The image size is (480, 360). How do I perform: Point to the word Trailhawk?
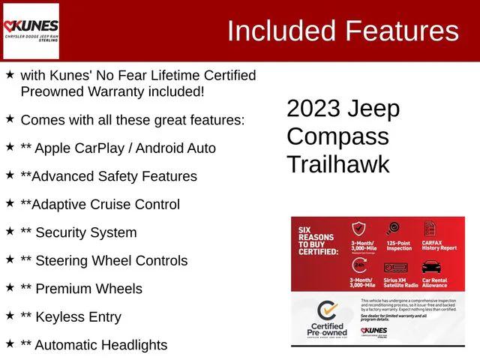pos(337,164)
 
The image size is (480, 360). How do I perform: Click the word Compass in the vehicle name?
pos(337,136)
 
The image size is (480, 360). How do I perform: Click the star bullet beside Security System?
pos(10,232)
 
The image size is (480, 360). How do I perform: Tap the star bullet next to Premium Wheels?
pos(10,288)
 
